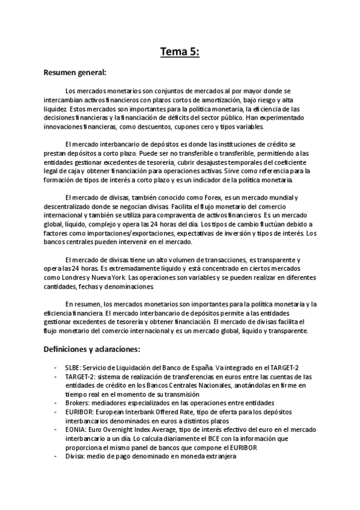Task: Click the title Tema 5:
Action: (x=180, y=52)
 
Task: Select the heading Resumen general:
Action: (x=75, y=73)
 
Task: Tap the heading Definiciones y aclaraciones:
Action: (x=92, y=348)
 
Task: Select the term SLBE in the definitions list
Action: (x=73, y=367)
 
